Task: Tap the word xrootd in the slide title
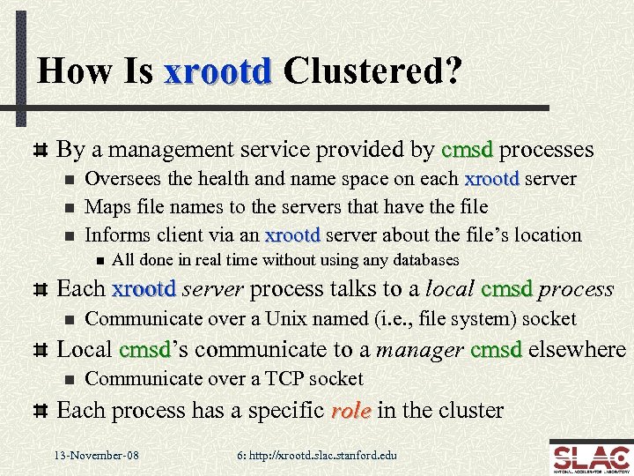pos(217,71)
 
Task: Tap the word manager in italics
pos(420,349)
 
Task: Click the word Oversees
pos(122,179)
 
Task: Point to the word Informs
pos(118,235)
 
